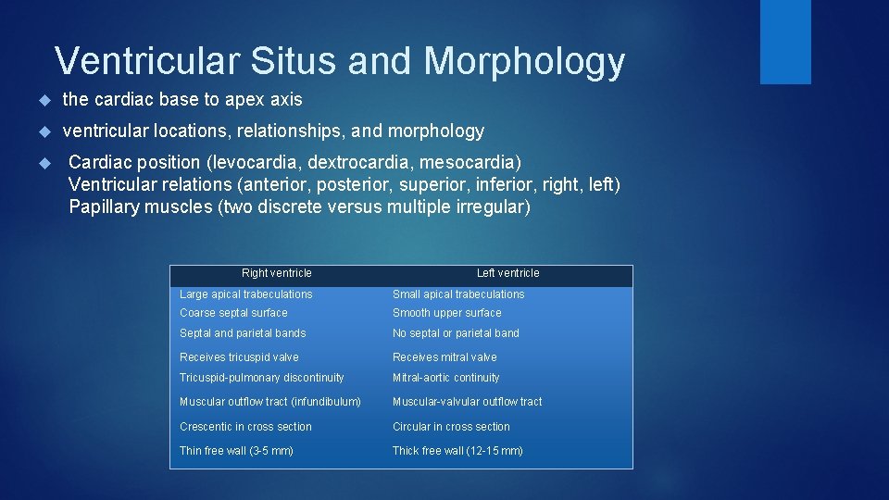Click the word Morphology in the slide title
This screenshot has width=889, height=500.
pos(524,62)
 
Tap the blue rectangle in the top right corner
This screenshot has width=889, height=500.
pos(785,42)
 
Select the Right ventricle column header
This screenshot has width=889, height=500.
pos(276,273)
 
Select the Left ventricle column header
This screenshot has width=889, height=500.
pos(507,273)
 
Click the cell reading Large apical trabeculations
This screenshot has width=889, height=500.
pos(246,294)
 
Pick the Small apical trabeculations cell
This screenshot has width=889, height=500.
pos(458,294)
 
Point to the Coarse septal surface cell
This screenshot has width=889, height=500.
pos(233,313)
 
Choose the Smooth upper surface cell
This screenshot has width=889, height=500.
pos(446,313)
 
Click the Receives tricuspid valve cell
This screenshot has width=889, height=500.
pos(239,357)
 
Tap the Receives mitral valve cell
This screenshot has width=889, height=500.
pos(444,357)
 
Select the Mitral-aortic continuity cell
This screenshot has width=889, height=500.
pos(445,378)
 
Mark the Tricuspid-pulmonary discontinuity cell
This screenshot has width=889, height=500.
pos(261,378)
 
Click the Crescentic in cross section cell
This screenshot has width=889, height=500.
pos(245,427)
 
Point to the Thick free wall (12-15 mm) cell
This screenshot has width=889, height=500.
pos(457,451)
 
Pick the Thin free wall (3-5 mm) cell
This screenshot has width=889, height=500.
pos(236,451)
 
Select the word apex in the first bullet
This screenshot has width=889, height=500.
pos(251,99)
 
